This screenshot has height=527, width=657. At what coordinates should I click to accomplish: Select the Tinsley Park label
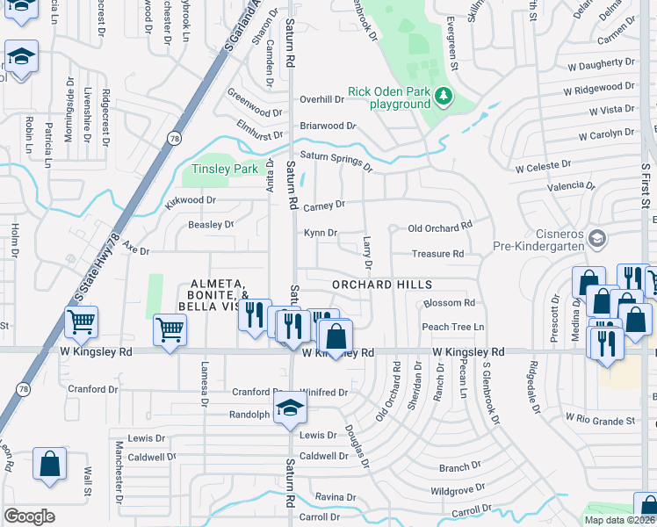(x=226, y=169)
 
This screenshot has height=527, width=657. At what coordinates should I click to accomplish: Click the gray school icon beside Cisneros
(x=597, y=238)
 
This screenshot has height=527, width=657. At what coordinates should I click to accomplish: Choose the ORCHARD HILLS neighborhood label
(x=382, y=285)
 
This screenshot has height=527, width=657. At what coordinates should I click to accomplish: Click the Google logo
(x=29, y=516)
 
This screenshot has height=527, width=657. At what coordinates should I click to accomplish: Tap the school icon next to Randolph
(x=288, y=408)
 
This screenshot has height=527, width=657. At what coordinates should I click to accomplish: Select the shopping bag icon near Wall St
(x=50, y=464)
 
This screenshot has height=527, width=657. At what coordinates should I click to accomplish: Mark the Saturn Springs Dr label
(x=336, y=161)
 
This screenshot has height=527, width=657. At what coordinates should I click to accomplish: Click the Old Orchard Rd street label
(x=440, y=227)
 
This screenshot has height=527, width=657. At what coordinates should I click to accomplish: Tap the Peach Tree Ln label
(x=453, y=327)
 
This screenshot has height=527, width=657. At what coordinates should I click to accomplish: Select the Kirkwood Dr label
(x=190, y=201)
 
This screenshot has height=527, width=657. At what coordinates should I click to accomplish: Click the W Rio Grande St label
(x=600, y=420)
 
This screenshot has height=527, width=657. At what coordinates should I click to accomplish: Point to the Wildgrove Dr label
(x=458, y=488)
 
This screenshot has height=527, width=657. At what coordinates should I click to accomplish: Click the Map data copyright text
(x=620, y=520)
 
